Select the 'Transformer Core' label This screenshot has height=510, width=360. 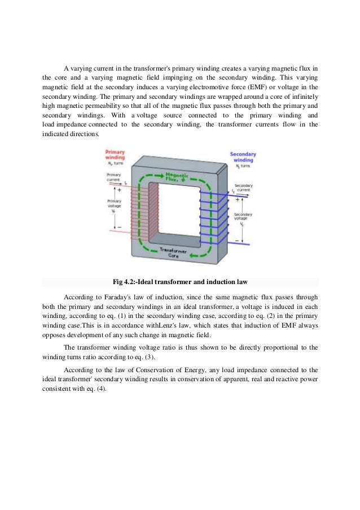point(171,252)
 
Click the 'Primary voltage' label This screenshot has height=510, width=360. point(114,203)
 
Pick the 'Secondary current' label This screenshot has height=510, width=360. point(244,188)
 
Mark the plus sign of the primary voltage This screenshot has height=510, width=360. point(119,190)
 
